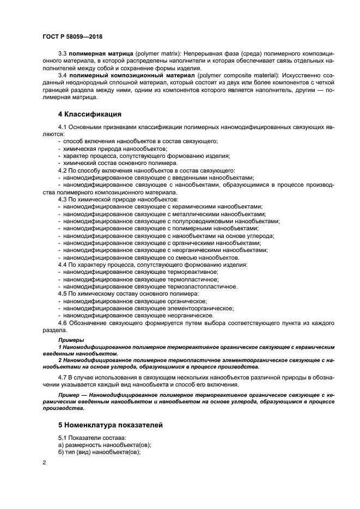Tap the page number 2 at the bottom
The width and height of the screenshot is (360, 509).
coord(44,462)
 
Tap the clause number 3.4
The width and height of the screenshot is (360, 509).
coord(63,75)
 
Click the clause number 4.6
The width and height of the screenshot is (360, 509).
coord(63,323)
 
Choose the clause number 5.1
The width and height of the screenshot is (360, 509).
coord(63,438)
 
